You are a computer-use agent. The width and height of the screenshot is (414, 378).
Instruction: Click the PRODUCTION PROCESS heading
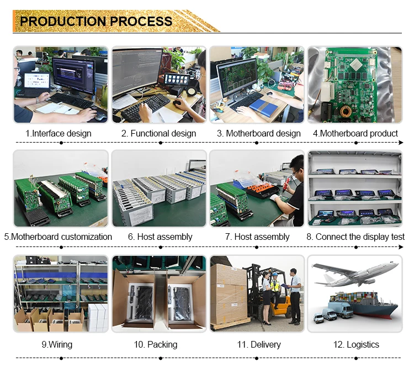96,22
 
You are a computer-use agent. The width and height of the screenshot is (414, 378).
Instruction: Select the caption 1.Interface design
59,133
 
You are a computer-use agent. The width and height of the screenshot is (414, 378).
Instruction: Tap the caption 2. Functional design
159,133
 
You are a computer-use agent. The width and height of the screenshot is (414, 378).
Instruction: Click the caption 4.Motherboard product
355,133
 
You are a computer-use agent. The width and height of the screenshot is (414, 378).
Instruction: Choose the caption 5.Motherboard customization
59,237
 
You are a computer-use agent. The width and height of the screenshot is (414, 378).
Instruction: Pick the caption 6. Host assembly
160,237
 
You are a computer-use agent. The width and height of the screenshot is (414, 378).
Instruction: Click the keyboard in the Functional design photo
145,108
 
